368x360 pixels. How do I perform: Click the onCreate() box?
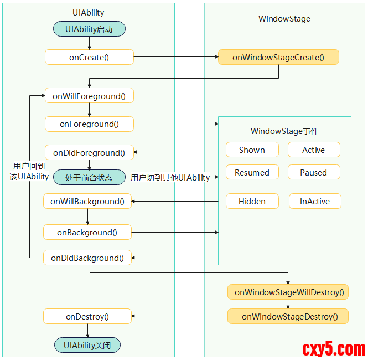pyautogui.click(x=89, y=57)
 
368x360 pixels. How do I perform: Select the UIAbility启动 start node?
pyautogui.click(x=89, y=29)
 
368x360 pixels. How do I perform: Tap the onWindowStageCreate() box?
pyautogui.click(x=278, y=57)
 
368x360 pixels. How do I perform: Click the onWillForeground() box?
pyautogui.click(x=89, y=96)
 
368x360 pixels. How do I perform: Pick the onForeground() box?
pyautogui.click(x=89, y=124)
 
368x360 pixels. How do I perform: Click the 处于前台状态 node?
pyautogui.click(x=89, y=178)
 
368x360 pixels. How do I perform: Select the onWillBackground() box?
pyautogui.click(x=87, y=202)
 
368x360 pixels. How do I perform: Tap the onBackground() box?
pyautogui.click(x=87, y=233)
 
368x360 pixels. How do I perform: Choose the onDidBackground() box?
pyautogui.click(x=87, y=258)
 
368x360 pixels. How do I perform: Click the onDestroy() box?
pyautogui.click(x=87, y=317)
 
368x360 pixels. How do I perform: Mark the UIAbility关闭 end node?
pyautogui.click(x=87, y=346)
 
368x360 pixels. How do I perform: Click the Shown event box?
pyautogui.click(x=252, y=150)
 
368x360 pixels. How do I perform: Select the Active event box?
pyautogui.click(x=314, y=150)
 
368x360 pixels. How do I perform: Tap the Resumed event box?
pyautogui.click(x=252, y=173)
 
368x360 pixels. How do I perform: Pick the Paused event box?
pyautogui.click(x=314, y=173)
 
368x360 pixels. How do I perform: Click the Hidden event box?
pyautogui.click(x=252, y=202)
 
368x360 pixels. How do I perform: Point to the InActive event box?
pyautogui.click(x=315, y=202)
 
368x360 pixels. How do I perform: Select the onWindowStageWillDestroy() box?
pyautogui.click(x=288, y=292)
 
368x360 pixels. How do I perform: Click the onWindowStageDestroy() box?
pyautogui.click(x=288, y=317)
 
